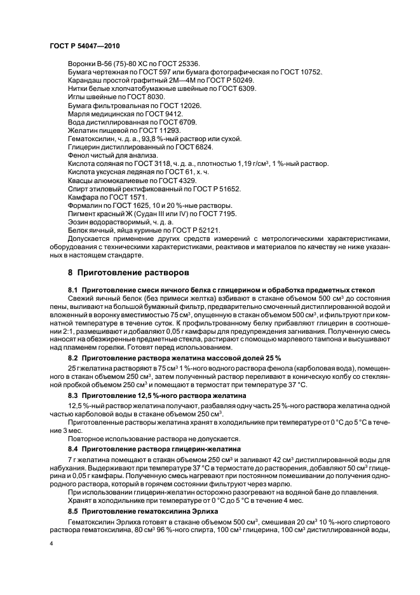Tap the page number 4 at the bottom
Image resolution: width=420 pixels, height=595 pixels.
(50, 544)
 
